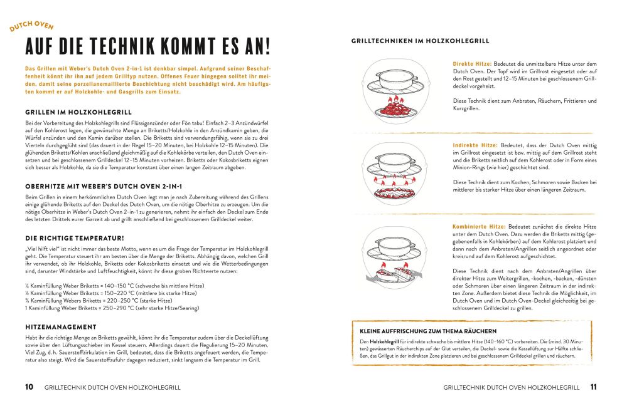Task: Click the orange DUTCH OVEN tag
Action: (x=31, y=28)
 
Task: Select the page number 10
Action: (x=29, y=387)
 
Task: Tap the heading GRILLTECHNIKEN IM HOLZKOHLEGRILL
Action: (x=420, y=41)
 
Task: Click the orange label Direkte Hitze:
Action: (x=472, y=64)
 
